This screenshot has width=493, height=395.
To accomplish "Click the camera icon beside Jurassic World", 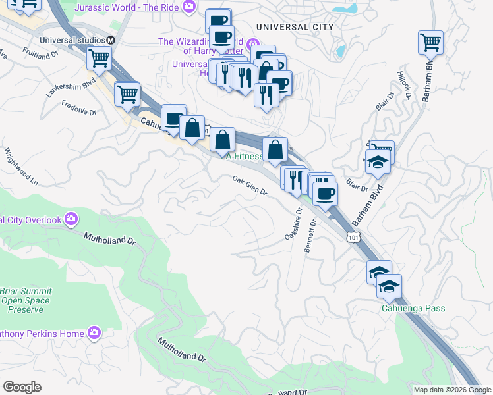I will [x=190, y=7].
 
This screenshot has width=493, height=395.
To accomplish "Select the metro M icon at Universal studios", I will [x=111, y=40].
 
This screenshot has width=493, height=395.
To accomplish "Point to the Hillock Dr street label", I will [x=404, y=85].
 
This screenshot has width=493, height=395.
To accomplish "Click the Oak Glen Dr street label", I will [x=248, y=186].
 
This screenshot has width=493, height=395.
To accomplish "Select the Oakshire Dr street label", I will [x=293, y=224].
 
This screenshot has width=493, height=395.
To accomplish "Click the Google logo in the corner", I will [x=22, y=386].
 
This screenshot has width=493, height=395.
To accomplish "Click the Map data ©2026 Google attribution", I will [x=452, y=390].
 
